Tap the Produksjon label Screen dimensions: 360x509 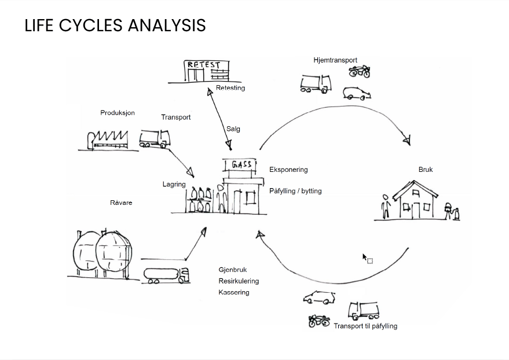tap(118, 113)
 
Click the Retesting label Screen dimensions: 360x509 tap(230, 88)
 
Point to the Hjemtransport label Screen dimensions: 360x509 tap(335, 60)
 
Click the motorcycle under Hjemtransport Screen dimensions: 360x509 tap(360, 72)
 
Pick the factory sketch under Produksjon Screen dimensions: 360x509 tap(108, 140)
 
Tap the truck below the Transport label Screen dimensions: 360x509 tap(154, 139)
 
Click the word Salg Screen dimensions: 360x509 tap(233, 129)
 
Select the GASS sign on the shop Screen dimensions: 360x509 tap(241, 165)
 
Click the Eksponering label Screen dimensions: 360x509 tap(288, 170)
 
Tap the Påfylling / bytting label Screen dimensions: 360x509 tap(295, 191)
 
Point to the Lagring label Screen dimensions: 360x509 tap(174, 185)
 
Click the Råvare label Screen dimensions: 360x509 tap(121, 203)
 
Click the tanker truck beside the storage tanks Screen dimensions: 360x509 tap(166, 275)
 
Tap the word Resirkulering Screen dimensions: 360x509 tap(239, 281)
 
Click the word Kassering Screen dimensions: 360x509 tap(234, 292)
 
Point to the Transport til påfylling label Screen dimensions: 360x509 tap(365, 326)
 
